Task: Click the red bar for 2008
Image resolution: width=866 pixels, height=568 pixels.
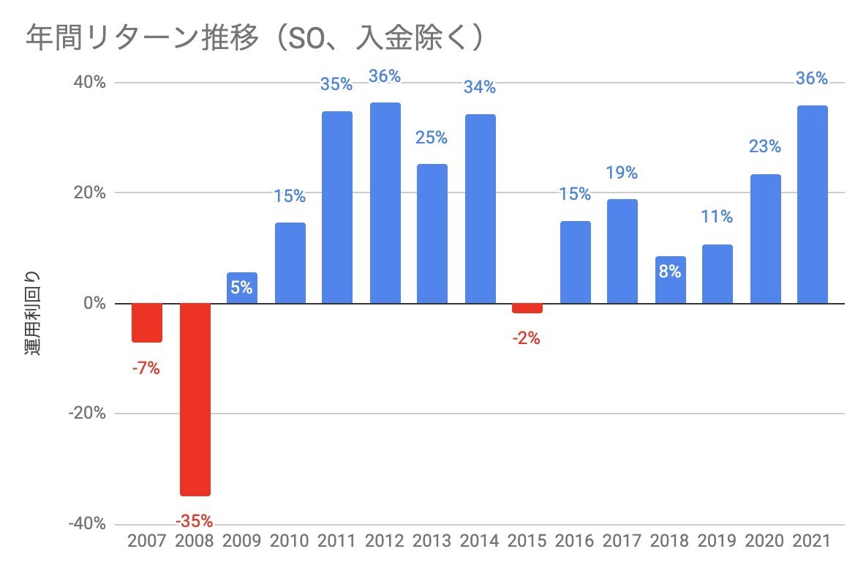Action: pos(195,399)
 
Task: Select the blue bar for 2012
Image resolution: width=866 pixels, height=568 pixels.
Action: pos(385,203)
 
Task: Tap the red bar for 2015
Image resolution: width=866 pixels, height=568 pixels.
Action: pos(527,308)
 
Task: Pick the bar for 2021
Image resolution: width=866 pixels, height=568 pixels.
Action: pos(813,204)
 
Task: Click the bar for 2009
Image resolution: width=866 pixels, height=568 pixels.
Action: pos(242,288)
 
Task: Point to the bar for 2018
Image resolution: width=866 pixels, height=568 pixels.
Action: pos(670,280)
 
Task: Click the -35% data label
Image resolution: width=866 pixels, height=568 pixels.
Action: pos(195,522)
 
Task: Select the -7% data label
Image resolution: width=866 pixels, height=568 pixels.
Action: pos(146,369)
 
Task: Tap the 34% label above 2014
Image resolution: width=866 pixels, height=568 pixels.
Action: pos(480,88)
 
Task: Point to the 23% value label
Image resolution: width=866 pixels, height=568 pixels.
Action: pos(765,146)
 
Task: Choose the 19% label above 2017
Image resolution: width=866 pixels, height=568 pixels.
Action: pos(622,173)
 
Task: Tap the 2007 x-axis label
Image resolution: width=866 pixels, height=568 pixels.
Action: pos(147,542)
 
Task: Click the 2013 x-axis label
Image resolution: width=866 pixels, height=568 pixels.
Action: pos(432,542)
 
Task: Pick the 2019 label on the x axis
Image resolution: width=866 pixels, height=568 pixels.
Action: pos(718,542)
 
